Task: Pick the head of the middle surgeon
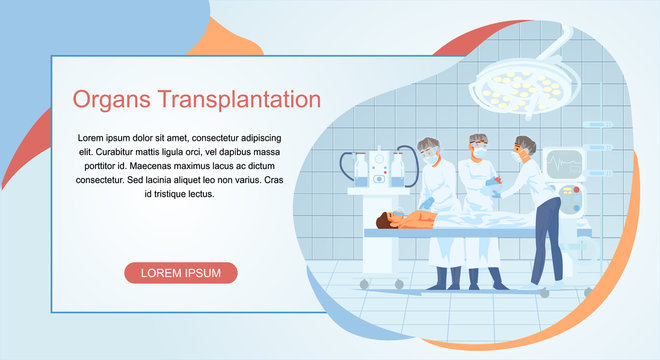pyautogui.click(x=479, y=146)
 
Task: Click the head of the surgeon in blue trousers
pyautogui.click(x=524, y=148)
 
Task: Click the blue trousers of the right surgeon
pyautogui.click(x=546, y=240)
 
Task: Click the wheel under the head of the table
pyautogui.click(x=364, y=284)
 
